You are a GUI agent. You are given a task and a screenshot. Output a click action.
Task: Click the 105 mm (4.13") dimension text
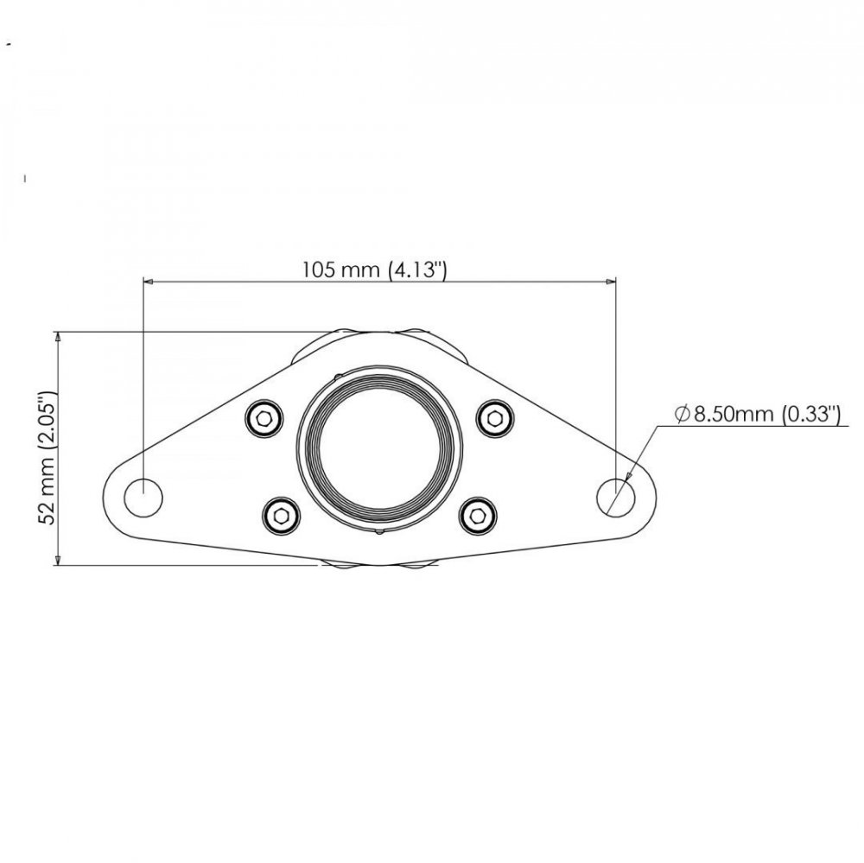click(x=374, y=270)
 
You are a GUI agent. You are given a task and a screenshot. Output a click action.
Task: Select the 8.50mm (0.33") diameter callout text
click(x=758, y=415)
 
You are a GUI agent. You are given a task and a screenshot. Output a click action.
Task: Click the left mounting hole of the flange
click(x=143, y=498)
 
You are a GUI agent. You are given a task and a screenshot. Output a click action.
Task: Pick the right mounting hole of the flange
click(x=616, y=498)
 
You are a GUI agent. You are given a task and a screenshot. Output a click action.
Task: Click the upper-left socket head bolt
click(x=264, y=419)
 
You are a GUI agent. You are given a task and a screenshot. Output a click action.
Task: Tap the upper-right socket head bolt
click(x=495, y=419)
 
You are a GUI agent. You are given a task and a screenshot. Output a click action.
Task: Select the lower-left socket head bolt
click(x=281, y=516)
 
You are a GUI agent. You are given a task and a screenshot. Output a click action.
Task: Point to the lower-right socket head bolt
click(x=478, y=516)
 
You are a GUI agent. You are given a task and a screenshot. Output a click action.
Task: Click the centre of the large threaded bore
click(x=379, y=448)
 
